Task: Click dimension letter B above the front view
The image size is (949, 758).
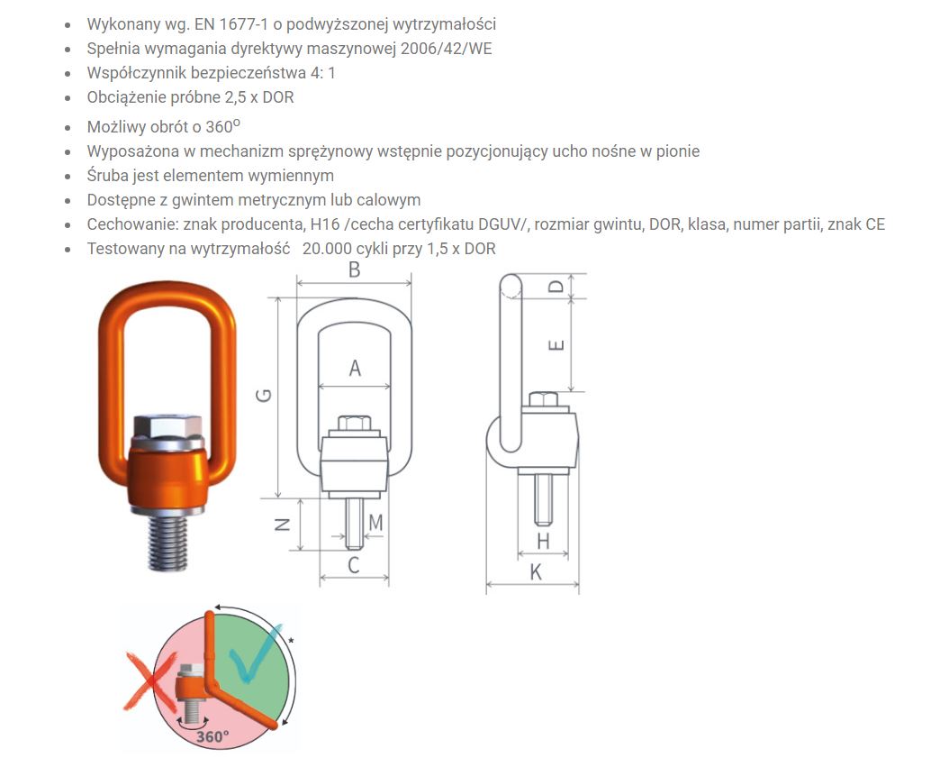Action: pyautogui.click(x=355, y=269)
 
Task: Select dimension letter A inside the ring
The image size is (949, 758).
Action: pyautogui.click(x=355, y=368)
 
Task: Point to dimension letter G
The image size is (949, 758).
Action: pyautogui.click(x=264, y=396)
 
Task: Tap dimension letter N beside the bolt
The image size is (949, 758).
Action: pyautogui.click(x=283, y=525)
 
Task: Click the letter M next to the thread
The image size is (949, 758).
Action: pyautogui.click(x=375, y=522)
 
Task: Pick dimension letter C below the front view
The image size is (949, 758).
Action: pyautogui.click(x=354, y=565)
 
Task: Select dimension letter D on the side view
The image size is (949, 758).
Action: pyautogui.click(x=556, y=286)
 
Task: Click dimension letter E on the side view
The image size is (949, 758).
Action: pyautogui.click(x=556, y=345)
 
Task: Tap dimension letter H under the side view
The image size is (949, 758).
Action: pyautogui.click(x=543, y=541)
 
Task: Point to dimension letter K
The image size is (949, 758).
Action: pyautogui.click(x=536, y=572)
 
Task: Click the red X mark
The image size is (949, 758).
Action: pyautogui.click(x=149, y=680)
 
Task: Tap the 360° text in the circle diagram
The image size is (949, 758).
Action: pyautogui.click(x=212, y=736)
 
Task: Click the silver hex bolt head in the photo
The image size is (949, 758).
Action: pyautogui.click(x=167, y=428)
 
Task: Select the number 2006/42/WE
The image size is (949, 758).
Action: pyautogui.click(x=446, y=49)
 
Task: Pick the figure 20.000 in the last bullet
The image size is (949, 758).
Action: pyautogui.click(x=329, y=249)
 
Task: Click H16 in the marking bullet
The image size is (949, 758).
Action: pyautogui.click(x=324, y=224)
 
